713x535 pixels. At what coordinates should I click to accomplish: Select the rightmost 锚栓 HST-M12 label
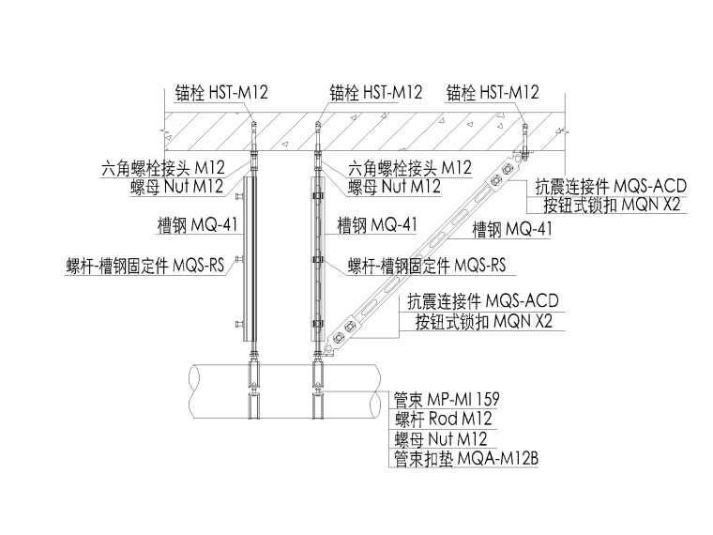[493, 93]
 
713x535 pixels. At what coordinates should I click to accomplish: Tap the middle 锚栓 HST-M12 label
[375, 93]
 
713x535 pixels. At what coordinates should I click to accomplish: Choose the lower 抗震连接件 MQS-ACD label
[482, 302]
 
